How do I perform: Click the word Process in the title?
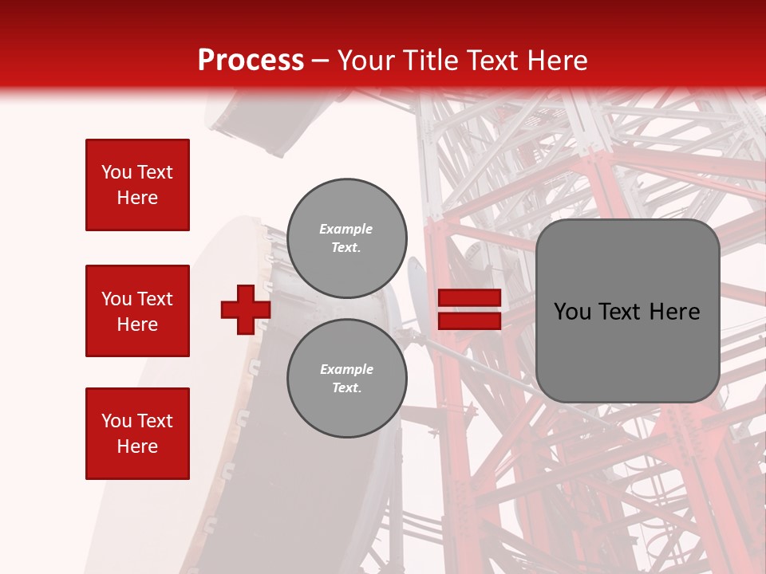[251, 61]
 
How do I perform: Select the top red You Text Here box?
[137, 185]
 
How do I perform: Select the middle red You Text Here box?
[137, 311]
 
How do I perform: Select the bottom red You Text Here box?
[137, 434]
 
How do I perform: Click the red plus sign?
[245, 309]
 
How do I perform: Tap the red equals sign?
[469, 309]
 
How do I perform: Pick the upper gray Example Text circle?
[347, 238]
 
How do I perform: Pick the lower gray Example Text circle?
[347, 379]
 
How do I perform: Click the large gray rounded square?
[627, 311]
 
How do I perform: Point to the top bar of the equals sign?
[469, 298]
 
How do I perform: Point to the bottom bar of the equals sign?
[469, 320]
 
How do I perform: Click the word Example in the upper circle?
[345, 230]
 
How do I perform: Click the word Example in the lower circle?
[346, 370]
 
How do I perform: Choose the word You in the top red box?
[116, 172]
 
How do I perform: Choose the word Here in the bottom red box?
[137, 446]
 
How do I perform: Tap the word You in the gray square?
[572, 312]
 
